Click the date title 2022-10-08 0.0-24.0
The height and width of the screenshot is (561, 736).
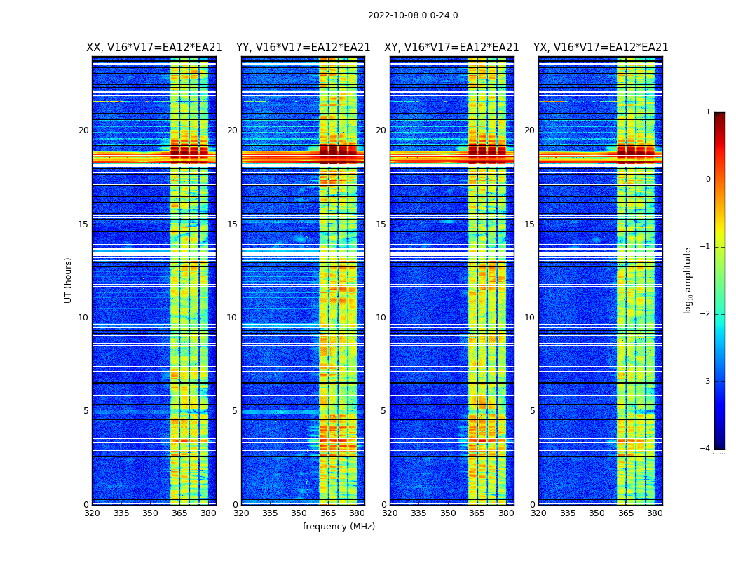(x=413, y=15)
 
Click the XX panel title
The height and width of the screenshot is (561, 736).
(x=154, y=48)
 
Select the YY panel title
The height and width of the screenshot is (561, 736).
(x=303, y=48)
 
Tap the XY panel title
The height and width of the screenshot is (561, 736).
(x=451, y=48)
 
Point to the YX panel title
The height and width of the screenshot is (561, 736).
(x=601, y=48)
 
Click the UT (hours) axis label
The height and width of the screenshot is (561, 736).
(x=69, y=280)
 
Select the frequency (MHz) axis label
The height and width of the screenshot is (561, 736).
(x=339, y=527)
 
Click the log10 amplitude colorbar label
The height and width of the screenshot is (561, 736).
(x=688, y=280)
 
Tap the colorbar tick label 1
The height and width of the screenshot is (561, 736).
(x=708, y=112)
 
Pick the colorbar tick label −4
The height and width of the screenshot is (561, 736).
(x=706, y=449)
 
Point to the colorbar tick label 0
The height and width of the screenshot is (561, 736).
(x=708, y=180)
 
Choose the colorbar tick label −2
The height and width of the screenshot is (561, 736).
(x=706, y=314)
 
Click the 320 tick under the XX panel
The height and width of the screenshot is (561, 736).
(x=92, y=513)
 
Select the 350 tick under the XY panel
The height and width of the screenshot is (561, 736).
(x=448, y=513)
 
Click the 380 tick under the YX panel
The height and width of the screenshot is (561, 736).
(x=655, y=513)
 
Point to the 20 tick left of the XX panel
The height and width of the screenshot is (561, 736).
(x=83, y=130)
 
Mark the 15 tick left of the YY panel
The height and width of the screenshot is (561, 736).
(x=232, y=224)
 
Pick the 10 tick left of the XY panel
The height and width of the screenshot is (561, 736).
(x=381, y=318)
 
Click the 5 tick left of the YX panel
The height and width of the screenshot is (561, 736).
(x=532, y=411)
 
